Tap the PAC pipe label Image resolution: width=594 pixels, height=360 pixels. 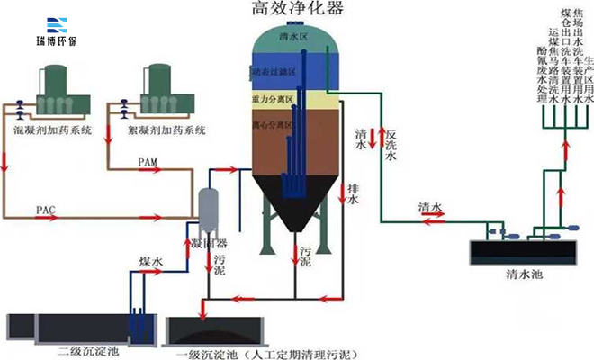[x=46, y=210]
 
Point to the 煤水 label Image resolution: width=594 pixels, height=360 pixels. [x=149, y=261]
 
